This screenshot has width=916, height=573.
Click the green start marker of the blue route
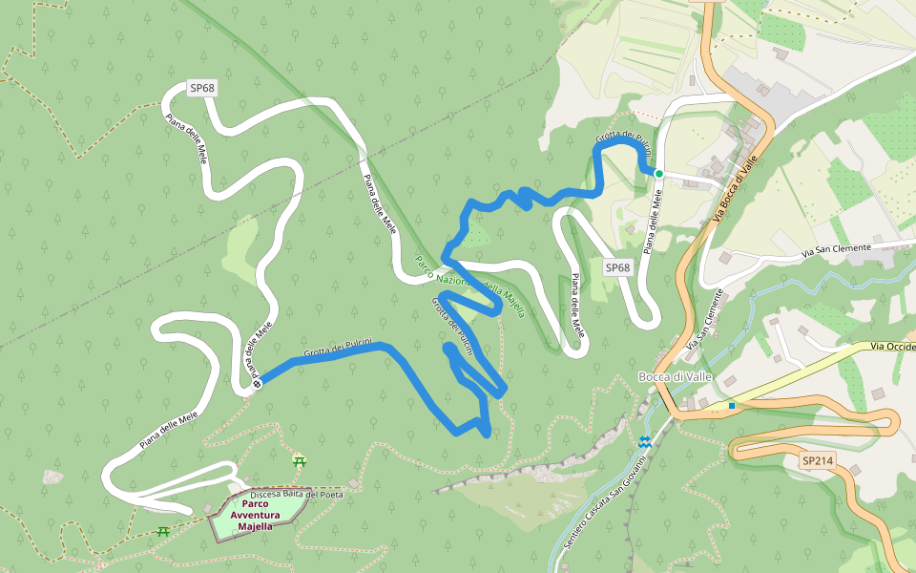pyautogui.click(x=658, y=173)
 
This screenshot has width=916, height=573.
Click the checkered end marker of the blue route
pyautogui.click(x=257, y=384)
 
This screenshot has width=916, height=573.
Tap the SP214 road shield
pyautogui.click(x=818, y=461)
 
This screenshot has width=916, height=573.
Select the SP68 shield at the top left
pyautogui.click(x=202, y=88)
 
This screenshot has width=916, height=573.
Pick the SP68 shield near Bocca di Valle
pyautogui.click(x=618, y=268)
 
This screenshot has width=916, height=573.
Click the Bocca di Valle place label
pyautogui.click(x=675, y=377)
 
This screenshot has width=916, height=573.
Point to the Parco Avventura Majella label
pyautogui.click(x=255, y=515)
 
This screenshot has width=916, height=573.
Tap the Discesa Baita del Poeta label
pyautogui.click(x=297, y=494)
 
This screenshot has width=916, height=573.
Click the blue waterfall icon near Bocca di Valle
pyautogui.click(x=645, y=442)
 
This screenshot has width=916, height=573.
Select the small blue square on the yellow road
pyautogui.click(x=732, y=406)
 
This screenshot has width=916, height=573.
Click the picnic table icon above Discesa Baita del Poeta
pyautogui.click(x=300, y=460)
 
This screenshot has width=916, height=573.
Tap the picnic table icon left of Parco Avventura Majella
pyautogui.click(x=163, y=530)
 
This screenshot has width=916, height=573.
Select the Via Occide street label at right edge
pyautogui.click(x=893, y=346)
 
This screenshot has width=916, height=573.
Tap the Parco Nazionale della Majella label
pyautogui.click(x=468, y=286)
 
